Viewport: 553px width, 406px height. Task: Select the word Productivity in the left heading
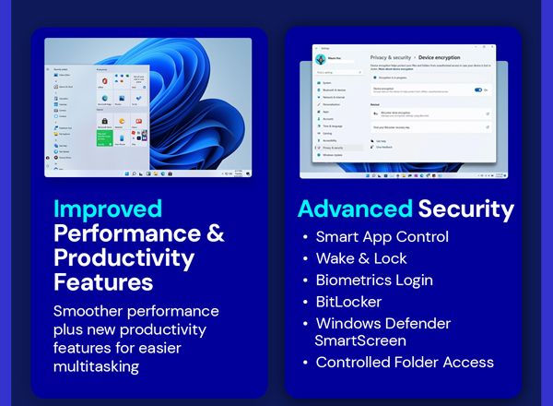point(124,257)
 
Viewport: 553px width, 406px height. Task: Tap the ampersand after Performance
point(214,233)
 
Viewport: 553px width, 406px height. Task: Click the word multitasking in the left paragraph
point(96,366)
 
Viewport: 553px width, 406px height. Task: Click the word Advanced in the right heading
point(354,209)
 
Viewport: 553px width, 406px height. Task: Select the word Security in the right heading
point(465,209)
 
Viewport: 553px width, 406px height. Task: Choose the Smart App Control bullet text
point(382,236)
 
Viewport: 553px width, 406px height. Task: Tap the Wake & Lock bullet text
point(360,258)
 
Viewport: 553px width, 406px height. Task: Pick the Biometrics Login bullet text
point(373,280)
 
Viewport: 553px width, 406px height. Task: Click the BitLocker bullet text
point(348,302)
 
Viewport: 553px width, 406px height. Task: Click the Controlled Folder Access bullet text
point(405,363)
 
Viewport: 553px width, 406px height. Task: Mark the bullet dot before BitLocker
point(305,303)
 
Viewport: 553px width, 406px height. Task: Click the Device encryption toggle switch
point(478,90)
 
